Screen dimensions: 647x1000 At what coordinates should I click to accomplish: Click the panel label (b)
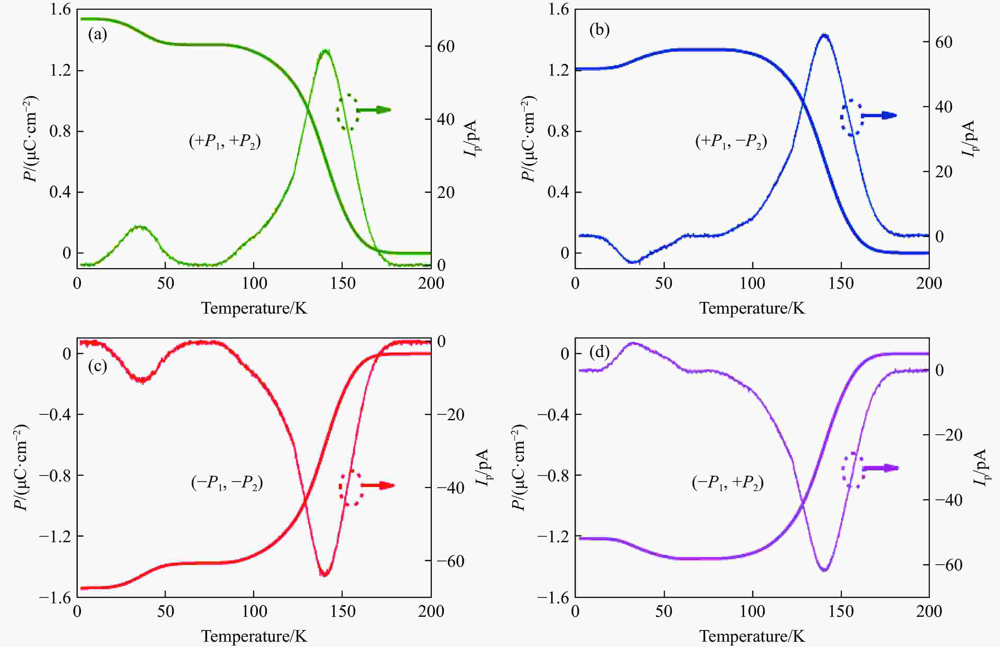pos(599,30)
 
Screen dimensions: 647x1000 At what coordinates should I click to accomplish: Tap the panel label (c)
pos(97,366)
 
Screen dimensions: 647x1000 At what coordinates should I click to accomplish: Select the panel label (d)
pos(599,352)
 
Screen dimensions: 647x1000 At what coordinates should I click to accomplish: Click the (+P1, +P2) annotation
pos(225,142)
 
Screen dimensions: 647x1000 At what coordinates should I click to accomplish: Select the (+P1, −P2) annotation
pos(731,142)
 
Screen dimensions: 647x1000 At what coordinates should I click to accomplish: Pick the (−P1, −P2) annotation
pos(227,483)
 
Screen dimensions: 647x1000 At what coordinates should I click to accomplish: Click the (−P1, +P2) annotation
pos(728,483)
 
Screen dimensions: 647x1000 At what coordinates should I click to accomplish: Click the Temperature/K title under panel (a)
pos(254,308)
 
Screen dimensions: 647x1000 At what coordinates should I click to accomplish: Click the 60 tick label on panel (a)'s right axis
pos(446,46)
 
